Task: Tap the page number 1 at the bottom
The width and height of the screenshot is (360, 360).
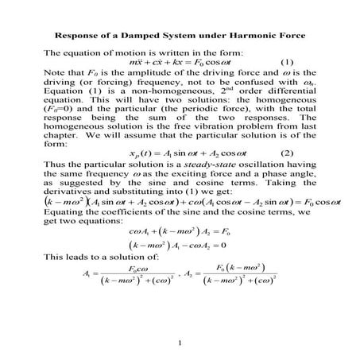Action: tap(180, 343)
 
